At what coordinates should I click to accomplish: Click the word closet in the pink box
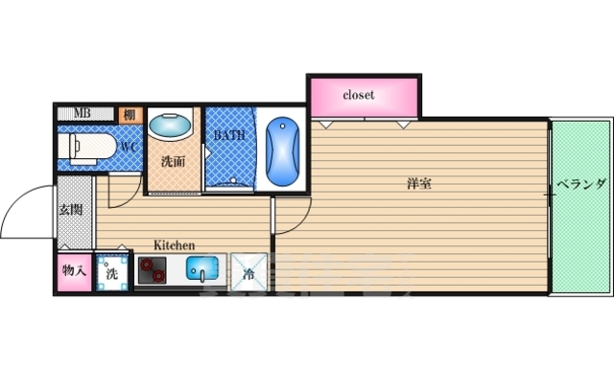358,96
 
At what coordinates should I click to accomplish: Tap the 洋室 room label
417,182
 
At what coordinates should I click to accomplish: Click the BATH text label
229,135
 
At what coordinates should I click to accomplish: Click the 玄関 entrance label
71,209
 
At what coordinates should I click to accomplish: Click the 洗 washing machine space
111,271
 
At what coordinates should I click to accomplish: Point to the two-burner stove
152,271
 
